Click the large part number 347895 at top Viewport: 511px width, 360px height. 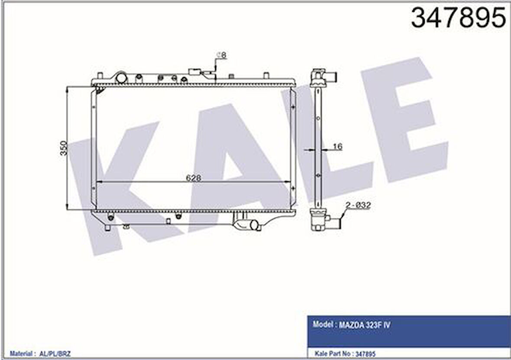coord(458,18)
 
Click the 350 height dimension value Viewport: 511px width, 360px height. coord(64,148)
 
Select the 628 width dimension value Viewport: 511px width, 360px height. coord(193,177)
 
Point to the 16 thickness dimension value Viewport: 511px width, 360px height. coord(337,147)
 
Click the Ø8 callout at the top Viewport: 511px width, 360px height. coord(221,55)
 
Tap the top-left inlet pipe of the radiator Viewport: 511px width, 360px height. coord(121,77)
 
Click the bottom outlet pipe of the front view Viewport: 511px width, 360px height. coord(252,225)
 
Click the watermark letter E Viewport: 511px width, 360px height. coord(403,125)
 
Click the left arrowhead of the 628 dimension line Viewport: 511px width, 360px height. coord(98,182)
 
